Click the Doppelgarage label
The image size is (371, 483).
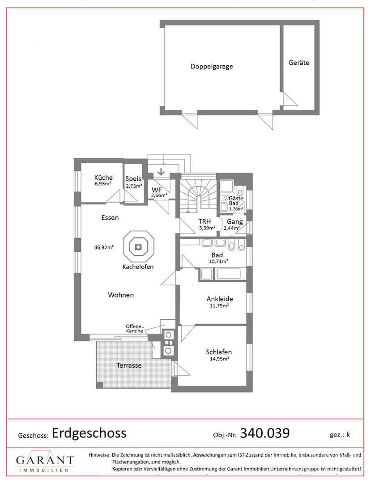(x=212, y=66)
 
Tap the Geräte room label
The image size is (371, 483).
(x=299, y=63)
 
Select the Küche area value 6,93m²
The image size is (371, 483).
(x=102, y=184)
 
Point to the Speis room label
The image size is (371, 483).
(x=133, y=178)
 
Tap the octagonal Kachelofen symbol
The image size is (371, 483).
(x=139, y=247)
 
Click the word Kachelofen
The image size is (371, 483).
(x=138, y=267)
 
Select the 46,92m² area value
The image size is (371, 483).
(x=104, y=246)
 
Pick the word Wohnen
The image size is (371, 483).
(x=121, y=295)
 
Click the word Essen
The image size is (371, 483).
(x=110, y=218)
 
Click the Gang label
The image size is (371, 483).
(x=235, y=222)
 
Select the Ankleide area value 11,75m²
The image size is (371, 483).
(x=219, y=306)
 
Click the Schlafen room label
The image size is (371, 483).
(x=219, y=352)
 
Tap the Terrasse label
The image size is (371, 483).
(x=129, y=365)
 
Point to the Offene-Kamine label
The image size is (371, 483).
(x=134, y=328)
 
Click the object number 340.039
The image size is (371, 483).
(x=265, y=433)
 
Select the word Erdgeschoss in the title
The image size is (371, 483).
(x=89, y=433)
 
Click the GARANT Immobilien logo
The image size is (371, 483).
(x=45, y=463)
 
